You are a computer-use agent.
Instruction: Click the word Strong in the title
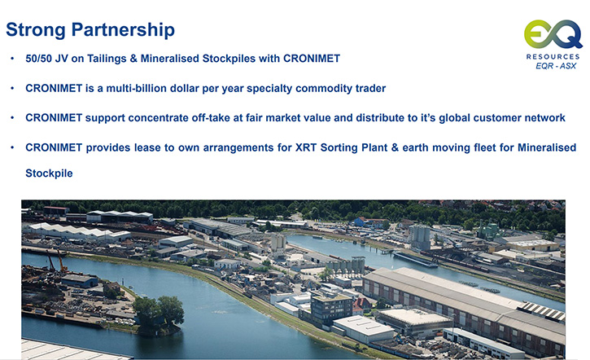[36, 30]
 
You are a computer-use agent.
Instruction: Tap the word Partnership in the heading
[123, 30]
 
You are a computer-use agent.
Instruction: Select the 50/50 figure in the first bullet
[38, 59]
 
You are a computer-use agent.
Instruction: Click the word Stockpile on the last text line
[49, 173]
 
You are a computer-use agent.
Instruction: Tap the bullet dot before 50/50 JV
[12, 59]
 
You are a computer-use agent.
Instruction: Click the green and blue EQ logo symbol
[553, 35]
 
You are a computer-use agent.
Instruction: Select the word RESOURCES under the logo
[553, 56]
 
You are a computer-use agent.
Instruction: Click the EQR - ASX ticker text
[556, 66]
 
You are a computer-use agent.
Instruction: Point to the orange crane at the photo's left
[61, 261]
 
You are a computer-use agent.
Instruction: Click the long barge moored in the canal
[415, 260]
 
